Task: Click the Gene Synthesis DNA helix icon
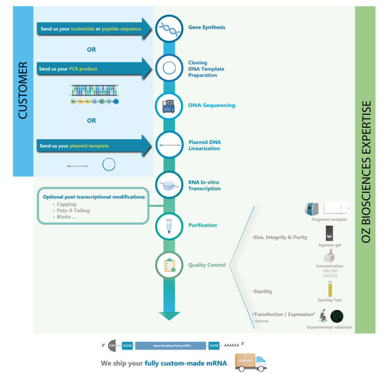pyautogui.click(x=168, y=30)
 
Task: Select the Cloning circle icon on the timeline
pyautogui.click(x=168, y=68)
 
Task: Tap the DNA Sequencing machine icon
pyautogui.click(x=168, y=106)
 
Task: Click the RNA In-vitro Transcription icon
pyautogui.click(x=168, y=185)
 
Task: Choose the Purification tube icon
pyautogui.click(x=168, y=225)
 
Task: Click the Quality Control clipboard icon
pyautogui.click(x=168, y=265)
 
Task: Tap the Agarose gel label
pyautogui.click(x=329, y=245)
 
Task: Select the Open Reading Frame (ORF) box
pyautogui.click(x=170, y=345)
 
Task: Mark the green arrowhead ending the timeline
pyautogui.click(x=169, y=316)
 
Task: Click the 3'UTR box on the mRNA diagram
pyautogui.click(x=214, y=345)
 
